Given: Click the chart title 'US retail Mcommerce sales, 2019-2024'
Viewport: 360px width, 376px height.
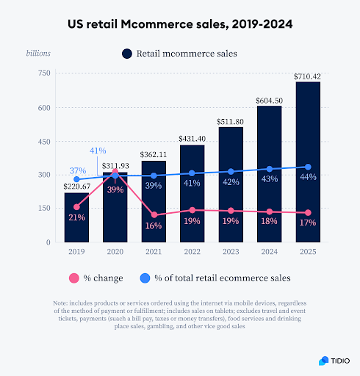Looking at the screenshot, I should click(x=180, y=25).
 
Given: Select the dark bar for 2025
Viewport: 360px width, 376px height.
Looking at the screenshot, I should click(x=308, y=162).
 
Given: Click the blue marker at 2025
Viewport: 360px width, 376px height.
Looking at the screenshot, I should click(x=308, y=167).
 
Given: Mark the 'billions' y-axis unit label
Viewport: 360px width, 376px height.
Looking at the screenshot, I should click(x=39, y=54).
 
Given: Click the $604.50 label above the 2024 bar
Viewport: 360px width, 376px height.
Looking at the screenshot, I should click(x=270, y=101).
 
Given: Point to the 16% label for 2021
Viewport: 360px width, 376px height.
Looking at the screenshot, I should click(x=154, y=226).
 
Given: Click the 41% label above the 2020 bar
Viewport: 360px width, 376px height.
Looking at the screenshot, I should click(x=98, y=151).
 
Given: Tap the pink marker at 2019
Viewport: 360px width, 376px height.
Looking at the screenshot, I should click(x=77, y=207).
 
